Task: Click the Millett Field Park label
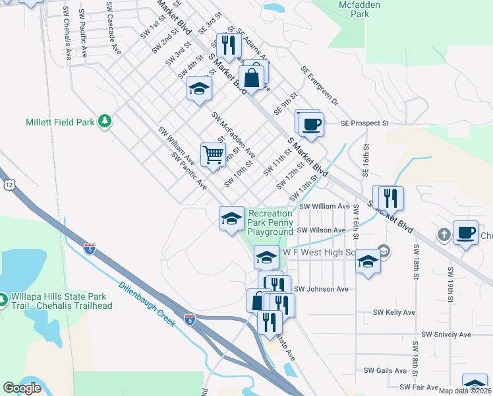click(60, 122)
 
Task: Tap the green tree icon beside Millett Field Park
click(104, 121)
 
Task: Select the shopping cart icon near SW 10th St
click(213, 155)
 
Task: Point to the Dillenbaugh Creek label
click(147, 305)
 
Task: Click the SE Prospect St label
click(365, 123)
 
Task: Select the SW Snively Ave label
click(447, 335)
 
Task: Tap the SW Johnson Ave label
click(321, 289)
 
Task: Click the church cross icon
click(445, 234)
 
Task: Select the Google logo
click(22, 388)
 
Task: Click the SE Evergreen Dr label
click(319, 86)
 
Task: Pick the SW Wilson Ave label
click(321, 230)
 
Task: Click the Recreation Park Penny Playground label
click(270, 222)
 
